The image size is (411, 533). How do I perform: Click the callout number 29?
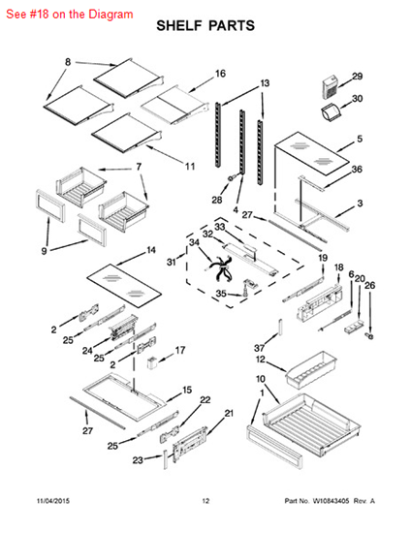tap(357, 77)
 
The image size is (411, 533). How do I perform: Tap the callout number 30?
tap(357, 99)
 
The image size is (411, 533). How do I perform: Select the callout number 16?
tap(220, 74)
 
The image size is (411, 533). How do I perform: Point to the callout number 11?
tap(190, 167)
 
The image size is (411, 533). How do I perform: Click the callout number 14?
tap(151, 250)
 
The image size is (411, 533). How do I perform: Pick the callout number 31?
tap(172, 262)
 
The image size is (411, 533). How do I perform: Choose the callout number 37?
tap(260, 347)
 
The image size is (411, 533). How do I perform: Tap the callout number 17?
tap(180, 350)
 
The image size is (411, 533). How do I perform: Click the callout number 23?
tap(138, 460)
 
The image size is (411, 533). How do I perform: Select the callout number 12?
tap(261, 360)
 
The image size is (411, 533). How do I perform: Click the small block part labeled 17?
tap(151, 362)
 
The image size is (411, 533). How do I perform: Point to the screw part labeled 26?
tap(370, 336)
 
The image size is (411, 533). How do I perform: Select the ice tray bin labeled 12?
tap(311, 370)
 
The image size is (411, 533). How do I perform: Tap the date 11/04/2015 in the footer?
tap(53, 501)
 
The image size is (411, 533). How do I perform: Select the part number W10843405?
tap(331, 501)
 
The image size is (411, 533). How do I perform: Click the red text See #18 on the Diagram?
tap(70, 15)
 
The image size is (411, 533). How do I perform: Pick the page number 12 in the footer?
tap(205, 501)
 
